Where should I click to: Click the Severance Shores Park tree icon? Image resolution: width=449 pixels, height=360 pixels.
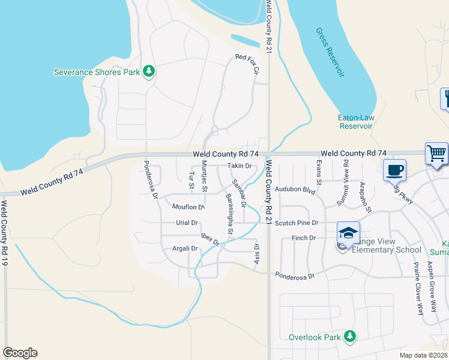pyautogui.click(x=149, y=72)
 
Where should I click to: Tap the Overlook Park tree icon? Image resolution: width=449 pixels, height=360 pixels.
pyautogui.click(x=348, y=337)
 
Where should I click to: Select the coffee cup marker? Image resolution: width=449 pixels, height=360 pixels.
pyautogui.click(x=394, y=170)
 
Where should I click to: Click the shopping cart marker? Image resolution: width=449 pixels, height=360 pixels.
pyautogui.click(x=436, y=154)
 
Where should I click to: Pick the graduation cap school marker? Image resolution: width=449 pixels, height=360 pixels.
pyautogui.click(x=348, y=233)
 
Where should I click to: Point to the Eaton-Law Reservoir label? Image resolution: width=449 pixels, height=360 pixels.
pyautogui.click(x=357, y=122)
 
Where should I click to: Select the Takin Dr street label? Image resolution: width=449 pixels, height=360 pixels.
pyautogui.click(x=238, y=166)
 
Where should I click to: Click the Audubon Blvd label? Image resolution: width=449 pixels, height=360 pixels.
pyautogui.click(x=295, y=189)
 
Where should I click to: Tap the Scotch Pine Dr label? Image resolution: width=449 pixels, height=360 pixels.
pyautogui.click(x=296, y=223)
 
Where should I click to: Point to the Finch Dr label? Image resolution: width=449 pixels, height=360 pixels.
pyautogui.click(x=304, y=238)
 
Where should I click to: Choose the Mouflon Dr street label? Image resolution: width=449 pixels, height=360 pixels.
pyautogui.click(x=188, y=207)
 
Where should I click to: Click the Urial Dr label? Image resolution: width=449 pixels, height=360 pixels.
pyautogui.click(x=187, y=223)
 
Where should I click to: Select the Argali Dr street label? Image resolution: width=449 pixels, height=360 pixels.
pyautogui.click(x=185, y=248)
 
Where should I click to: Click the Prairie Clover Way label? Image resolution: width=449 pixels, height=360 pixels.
pyautogui.click(x=417, y=288)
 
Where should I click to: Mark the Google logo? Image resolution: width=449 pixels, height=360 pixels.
pyautogui.click(x=20, y=353)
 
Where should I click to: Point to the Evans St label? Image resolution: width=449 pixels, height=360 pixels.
pyautogui.click(x=319, y=173)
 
